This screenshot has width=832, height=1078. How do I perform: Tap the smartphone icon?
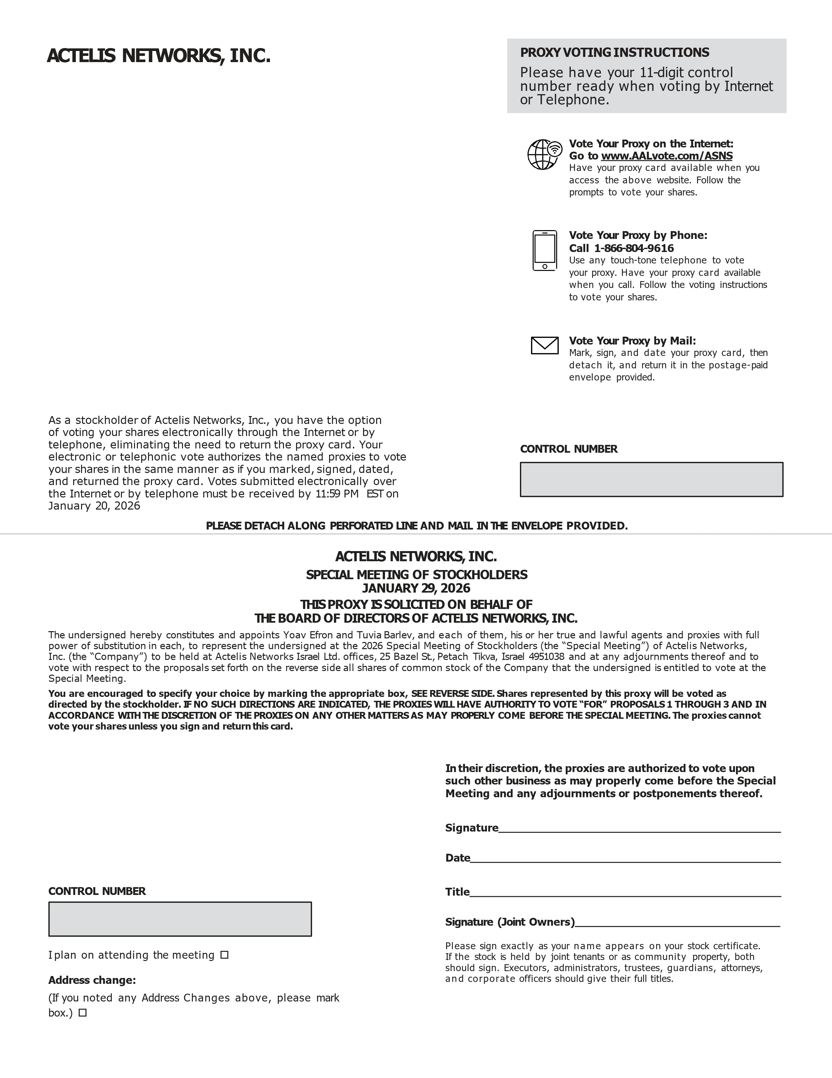[544, 250]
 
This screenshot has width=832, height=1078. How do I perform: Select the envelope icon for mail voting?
[544, 345]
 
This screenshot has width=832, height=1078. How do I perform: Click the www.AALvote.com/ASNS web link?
[666, 156]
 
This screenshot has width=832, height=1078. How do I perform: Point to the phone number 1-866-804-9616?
[634, 248]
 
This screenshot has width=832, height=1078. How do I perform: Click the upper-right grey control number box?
[651, 479]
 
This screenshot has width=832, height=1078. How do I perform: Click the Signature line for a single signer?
[639, 829]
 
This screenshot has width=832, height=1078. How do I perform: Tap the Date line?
[625, 859]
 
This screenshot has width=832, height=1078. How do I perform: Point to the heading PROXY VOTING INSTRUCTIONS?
[614, 53]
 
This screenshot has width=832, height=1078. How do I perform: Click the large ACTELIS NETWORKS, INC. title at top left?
[158, 56]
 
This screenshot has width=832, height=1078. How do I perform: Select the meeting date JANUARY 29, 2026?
[416, 588]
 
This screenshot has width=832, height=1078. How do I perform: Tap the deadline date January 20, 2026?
[94, 506]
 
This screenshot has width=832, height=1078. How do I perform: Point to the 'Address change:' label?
[92, 980]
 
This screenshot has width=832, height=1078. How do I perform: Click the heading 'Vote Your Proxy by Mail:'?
[632, 341]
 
